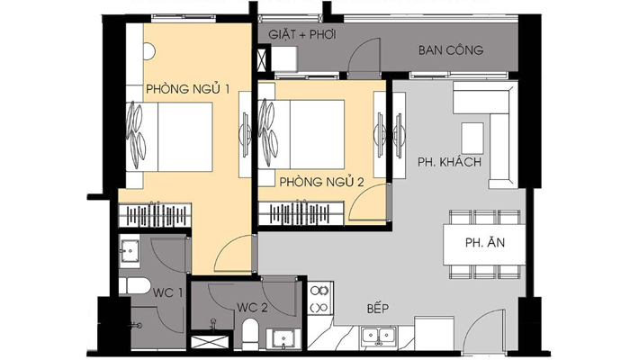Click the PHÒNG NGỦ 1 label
[x=187, y=89]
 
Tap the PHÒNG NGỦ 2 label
[x=321, y=182]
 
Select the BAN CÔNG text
[x=451, y=50]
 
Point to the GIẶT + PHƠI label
[x=302, y=34]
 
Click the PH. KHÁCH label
[x=449, y=162]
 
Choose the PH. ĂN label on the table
[x=485, y=243]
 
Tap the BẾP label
[x=378, y=308]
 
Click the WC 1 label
[x=167, y=292]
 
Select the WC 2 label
[x=252, y=308]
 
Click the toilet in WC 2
[x=251, y=334]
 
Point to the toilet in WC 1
[x=134, y=285]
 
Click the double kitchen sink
[x=379, y=336]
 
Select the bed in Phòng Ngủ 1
[x=169, y=137]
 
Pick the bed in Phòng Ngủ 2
[x=301, y=134]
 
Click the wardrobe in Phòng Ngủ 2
[x=301, y=213]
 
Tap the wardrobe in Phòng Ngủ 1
[x=155, y=215]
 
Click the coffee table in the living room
[x=472, y=139]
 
